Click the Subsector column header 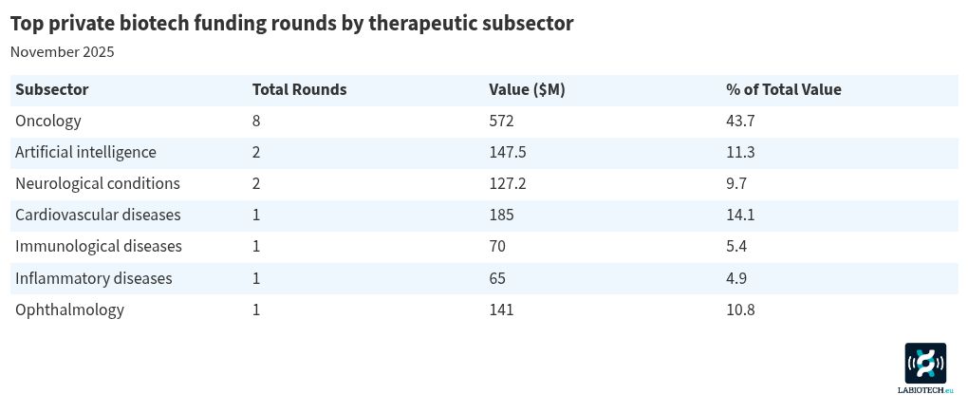coord(51,90)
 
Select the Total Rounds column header coord(299,90)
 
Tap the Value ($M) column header coord(527,90)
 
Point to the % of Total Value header coord(783,90)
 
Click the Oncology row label coord(48,121)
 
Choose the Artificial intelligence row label coord(85,152)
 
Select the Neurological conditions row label coord(97,183)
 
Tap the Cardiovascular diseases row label coord(98,215)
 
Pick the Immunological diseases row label coord(98,246)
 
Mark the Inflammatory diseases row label coord(93,278)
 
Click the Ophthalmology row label coord(69,310)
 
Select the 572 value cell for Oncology coord(501,121)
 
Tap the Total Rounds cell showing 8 coord(256,121)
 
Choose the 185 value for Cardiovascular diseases coord(501,215)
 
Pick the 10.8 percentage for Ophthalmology coord(740,310)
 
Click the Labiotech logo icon coord(925,363)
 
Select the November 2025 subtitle coord(63,52)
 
